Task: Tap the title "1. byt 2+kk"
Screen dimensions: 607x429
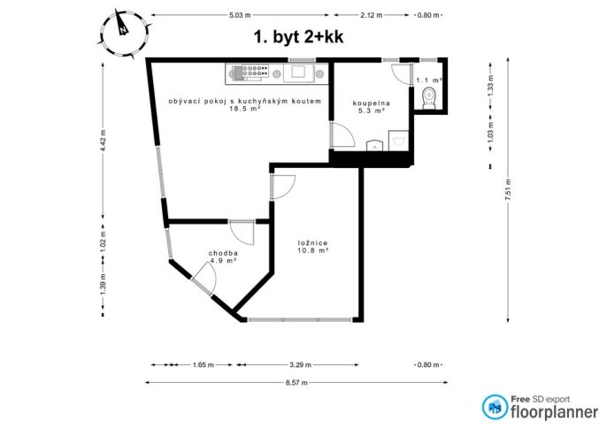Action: point(298,37)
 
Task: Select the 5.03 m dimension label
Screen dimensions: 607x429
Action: point(240,15)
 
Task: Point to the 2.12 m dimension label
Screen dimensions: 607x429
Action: point(372,15)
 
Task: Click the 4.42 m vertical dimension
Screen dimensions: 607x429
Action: point(103,141)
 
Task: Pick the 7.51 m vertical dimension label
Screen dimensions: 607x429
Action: point(508,189)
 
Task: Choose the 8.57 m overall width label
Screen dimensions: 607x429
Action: point(296,383)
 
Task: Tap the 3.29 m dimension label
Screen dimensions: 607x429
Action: point(301,364)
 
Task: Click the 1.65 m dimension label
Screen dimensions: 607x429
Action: point(204,364)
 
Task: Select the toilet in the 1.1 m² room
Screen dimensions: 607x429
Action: point(428,98)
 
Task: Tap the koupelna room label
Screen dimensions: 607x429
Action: point(372,103)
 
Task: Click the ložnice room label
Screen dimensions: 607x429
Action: point(313,243)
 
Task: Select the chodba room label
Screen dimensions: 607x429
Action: point(223,253)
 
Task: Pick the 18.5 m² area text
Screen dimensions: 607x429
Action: point(244,109)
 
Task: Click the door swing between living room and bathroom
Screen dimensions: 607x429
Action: point(342,134)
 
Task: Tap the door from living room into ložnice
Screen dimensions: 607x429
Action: point(283,188)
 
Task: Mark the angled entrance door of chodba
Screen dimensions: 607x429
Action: point(204,278)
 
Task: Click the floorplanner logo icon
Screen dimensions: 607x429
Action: point(495,407)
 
